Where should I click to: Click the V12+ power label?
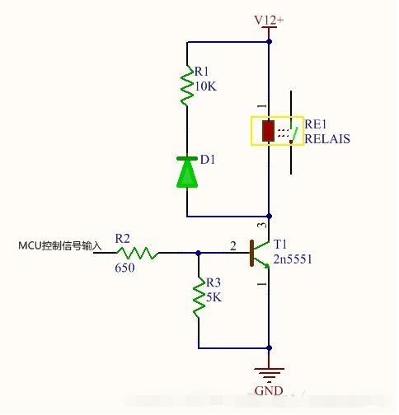[270, 18]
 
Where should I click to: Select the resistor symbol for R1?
[188, 86]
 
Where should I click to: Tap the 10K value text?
[205, 86]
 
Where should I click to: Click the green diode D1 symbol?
[188, 171]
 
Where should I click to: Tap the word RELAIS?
[327, 139]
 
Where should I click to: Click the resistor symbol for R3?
[199, 300]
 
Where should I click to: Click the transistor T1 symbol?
[260, 253]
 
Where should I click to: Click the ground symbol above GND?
[270, 373]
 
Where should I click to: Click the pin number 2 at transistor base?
[232, 245]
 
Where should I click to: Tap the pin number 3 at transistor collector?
[262, 225]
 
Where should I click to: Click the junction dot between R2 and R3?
[199, 253]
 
